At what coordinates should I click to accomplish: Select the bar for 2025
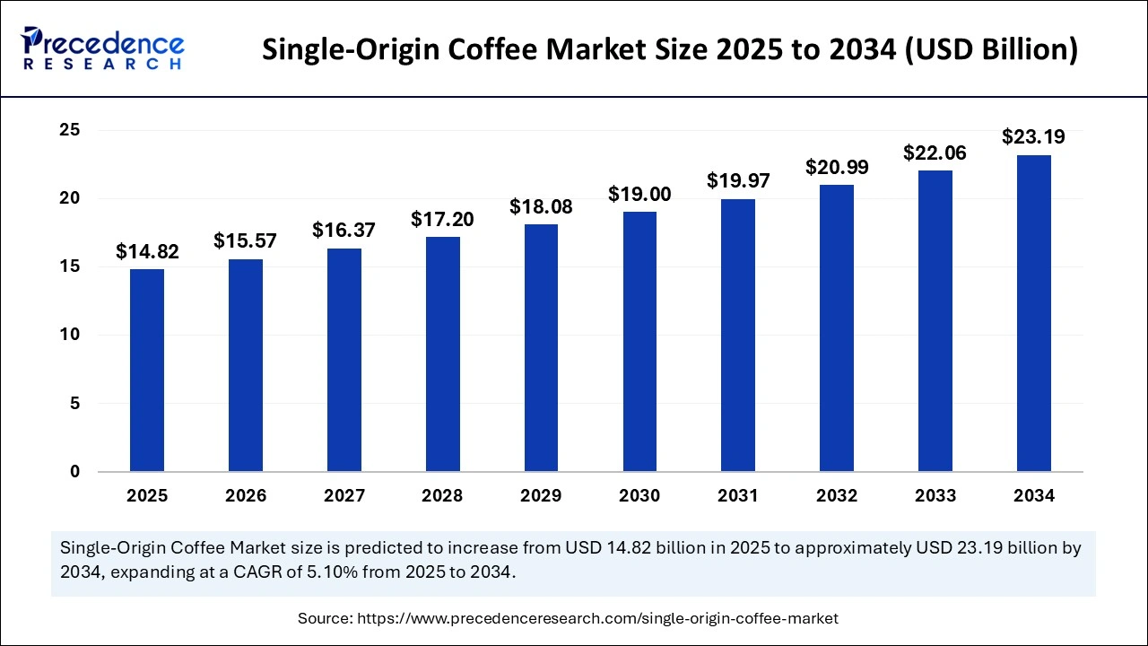[x=147, y=370]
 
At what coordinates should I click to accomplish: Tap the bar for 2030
[x=639, y=341]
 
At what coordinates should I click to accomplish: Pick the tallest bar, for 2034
[x=1033, y=313]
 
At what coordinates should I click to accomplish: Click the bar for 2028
[x=442, y=354]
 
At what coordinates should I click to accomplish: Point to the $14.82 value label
[x=147, y=252]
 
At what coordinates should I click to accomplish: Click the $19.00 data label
[x=639, y=195]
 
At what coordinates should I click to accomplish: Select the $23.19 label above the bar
[x=1033, y=138]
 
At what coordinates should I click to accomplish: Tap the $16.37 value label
[x=344, y=231]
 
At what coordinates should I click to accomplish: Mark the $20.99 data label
[x=837, y=167]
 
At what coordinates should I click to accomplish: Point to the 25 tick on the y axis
[x=70, y=130]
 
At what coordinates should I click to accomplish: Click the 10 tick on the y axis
[x=70, y=335]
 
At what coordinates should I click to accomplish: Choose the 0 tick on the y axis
[x=75, y=472]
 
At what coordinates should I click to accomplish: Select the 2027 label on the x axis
[x=344, y=496]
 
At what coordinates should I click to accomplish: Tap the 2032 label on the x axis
[x=837, y=496]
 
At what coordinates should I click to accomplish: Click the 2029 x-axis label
[x=541, y=496]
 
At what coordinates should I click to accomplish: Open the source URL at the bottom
[x=597, y=618]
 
